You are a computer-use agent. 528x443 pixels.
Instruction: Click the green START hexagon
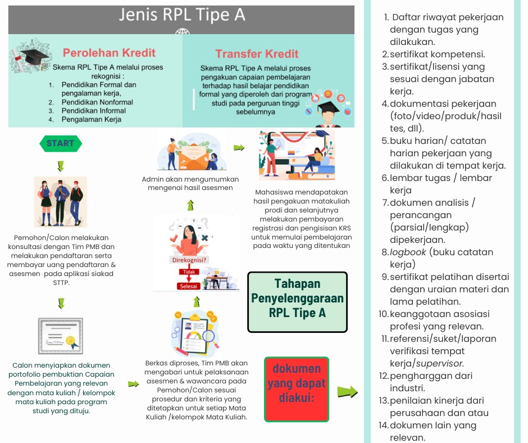pyautogui.click(x=61, y=143)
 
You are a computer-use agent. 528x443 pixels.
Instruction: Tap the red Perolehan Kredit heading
pyautogui.click(x=109, y=53)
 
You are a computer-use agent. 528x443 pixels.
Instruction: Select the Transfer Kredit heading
pyautogui.click(x=257, y=53)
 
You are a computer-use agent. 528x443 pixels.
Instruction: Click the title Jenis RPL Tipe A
pyautogui.click(x=182, y=15)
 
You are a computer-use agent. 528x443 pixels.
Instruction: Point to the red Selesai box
pyautogui.click(x=188, y=286)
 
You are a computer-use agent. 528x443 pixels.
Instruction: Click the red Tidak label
pyautogui.click(x=189, y=272)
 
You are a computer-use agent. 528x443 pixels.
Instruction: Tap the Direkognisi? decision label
pyautogui.click(x=189, y=260)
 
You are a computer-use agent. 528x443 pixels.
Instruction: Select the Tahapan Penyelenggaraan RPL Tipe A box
pyautogui.click(x=297, y=302)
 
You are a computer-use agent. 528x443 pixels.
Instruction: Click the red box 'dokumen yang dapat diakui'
pyautogui.click(x=297, y=390)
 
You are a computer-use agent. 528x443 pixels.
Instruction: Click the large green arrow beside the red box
pyautogui.click(x=348, y=392)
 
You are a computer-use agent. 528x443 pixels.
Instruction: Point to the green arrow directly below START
pyautogui.click(x=61, y=166)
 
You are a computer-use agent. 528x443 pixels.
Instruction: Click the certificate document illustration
pyautogui.click(x=61, y=336)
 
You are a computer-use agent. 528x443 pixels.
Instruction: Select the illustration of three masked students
pyautogui.click(x=61, y=202)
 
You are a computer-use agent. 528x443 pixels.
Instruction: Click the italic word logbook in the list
pyautogui.click(x=408, y=252)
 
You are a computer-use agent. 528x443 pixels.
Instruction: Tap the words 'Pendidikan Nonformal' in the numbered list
pyautogui.click(x=97, y=102)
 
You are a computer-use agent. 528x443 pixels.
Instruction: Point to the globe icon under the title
pyautogui.click(x=182, y=31)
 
